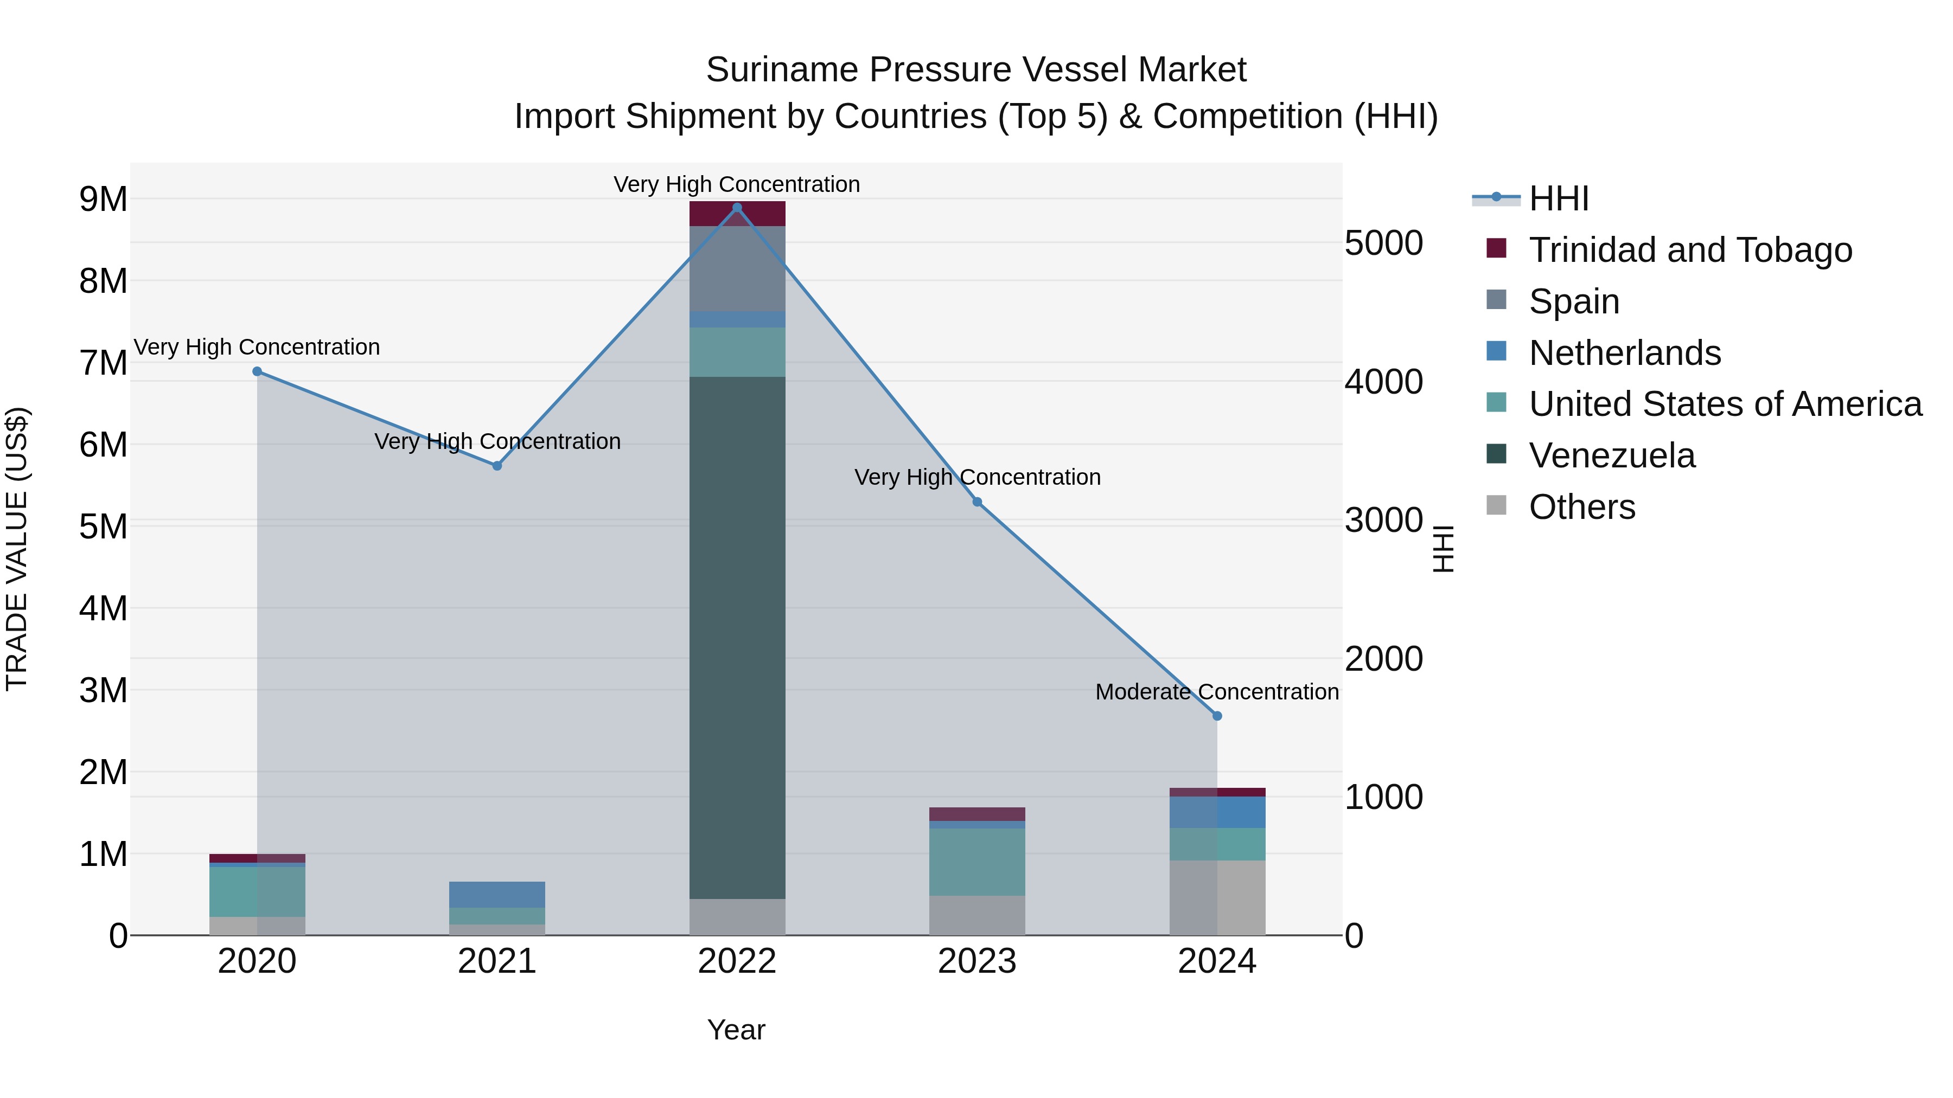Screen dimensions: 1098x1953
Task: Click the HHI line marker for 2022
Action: point(737,208)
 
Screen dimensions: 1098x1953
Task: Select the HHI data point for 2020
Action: point(257,371)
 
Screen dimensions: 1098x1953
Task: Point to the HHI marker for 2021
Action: point(497,466)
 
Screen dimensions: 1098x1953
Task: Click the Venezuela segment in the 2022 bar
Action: point(737,637)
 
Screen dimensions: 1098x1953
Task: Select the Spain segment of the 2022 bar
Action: point(737,268)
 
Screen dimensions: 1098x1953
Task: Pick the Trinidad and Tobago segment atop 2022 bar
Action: point(737,214)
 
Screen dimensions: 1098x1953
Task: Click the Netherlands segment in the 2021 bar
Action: point(497,894)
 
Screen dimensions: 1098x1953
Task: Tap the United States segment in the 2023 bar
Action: point(977,862)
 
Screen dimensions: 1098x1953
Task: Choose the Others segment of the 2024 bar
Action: point(1217,897)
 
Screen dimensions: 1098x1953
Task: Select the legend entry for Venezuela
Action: point(1611,455)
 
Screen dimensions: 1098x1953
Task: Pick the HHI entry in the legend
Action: point(1558,198)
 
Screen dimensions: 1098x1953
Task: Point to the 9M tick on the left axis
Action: point(103,200)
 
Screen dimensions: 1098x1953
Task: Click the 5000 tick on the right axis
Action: point(1383,243)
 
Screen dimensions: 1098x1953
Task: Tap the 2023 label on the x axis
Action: point(977,961)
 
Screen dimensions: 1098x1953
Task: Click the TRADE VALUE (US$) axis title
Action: point(17,549)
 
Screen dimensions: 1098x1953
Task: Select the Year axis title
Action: point(736,1030)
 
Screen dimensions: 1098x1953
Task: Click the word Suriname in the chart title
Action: point(782,70)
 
